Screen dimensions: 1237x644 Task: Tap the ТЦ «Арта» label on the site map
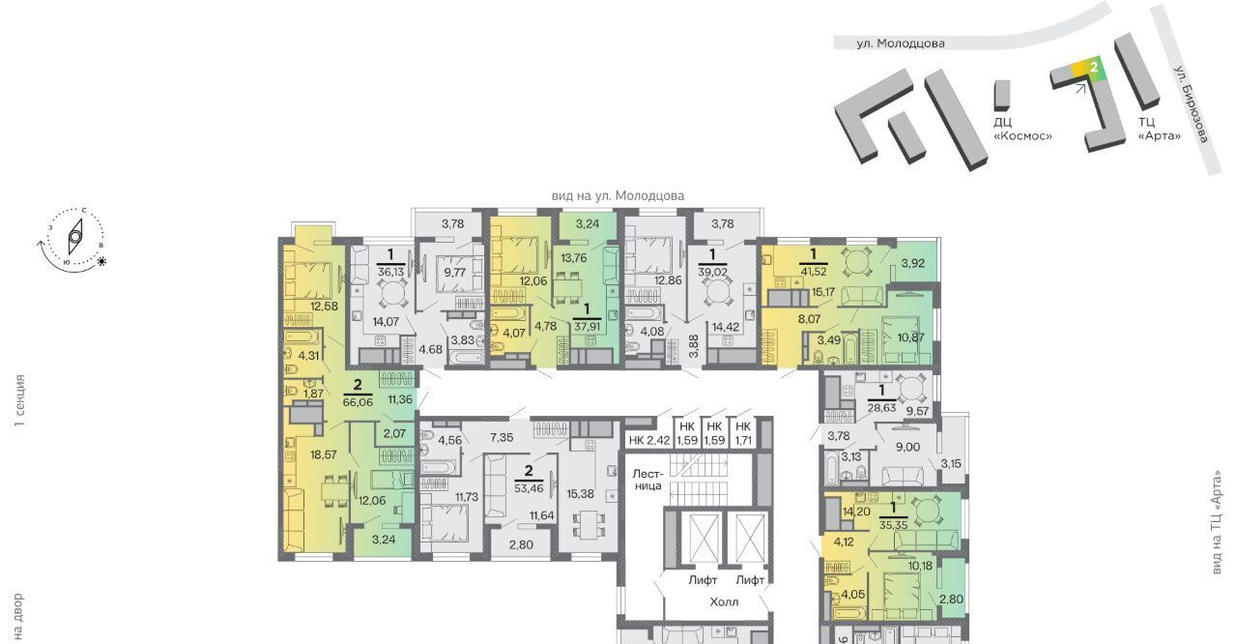(1160, 129)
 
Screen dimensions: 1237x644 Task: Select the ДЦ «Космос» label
(1022, 129)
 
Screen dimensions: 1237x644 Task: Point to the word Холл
(724, 601)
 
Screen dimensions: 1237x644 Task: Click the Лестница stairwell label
(647, 480)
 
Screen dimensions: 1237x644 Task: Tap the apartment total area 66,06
(358, 402)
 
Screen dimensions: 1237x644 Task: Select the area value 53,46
(529, 488)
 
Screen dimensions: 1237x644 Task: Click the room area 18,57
(324, 454)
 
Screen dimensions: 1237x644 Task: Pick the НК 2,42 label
(648, 440)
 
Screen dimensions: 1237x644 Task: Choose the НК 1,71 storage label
(743, 433)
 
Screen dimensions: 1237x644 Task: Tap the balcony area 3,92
(913, 263)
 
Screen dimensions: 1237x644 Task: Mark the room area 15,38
(581, 494)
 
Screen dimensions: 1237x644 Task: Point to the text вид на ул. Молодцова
(618, 195)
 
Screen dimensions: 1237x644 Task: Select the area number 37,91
(587, 327)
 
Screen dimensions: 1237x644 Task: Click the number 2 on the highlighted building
(1093, 68)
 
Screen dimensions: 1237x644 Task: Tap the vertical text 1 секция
(20, 400)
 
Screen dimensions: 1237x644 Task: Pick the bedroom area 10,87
(910, 337)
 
